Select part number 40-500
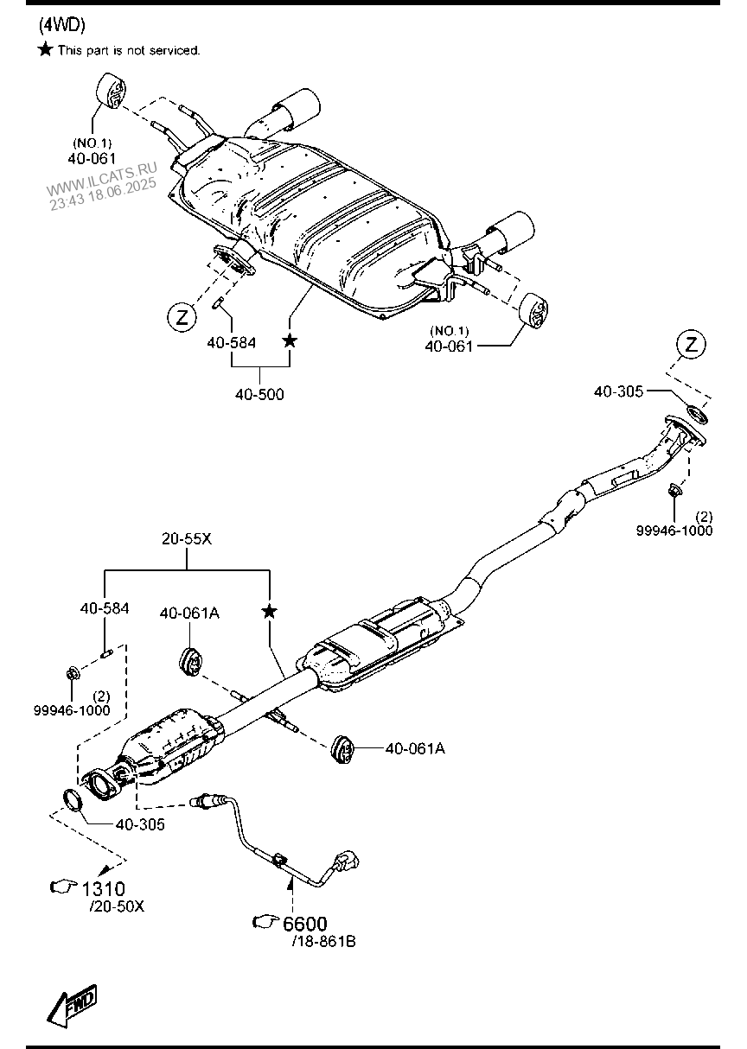[259, 394]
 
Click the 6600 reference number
[305, 924]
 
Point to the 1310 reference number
[104, 888]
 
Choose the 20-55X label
[187, 538]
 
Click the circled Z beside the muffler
[182, 317]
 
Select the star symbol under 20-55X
[270, 612]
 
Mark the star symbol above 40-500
[290, 341]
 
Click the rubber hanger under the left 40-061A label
[189, 659]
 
